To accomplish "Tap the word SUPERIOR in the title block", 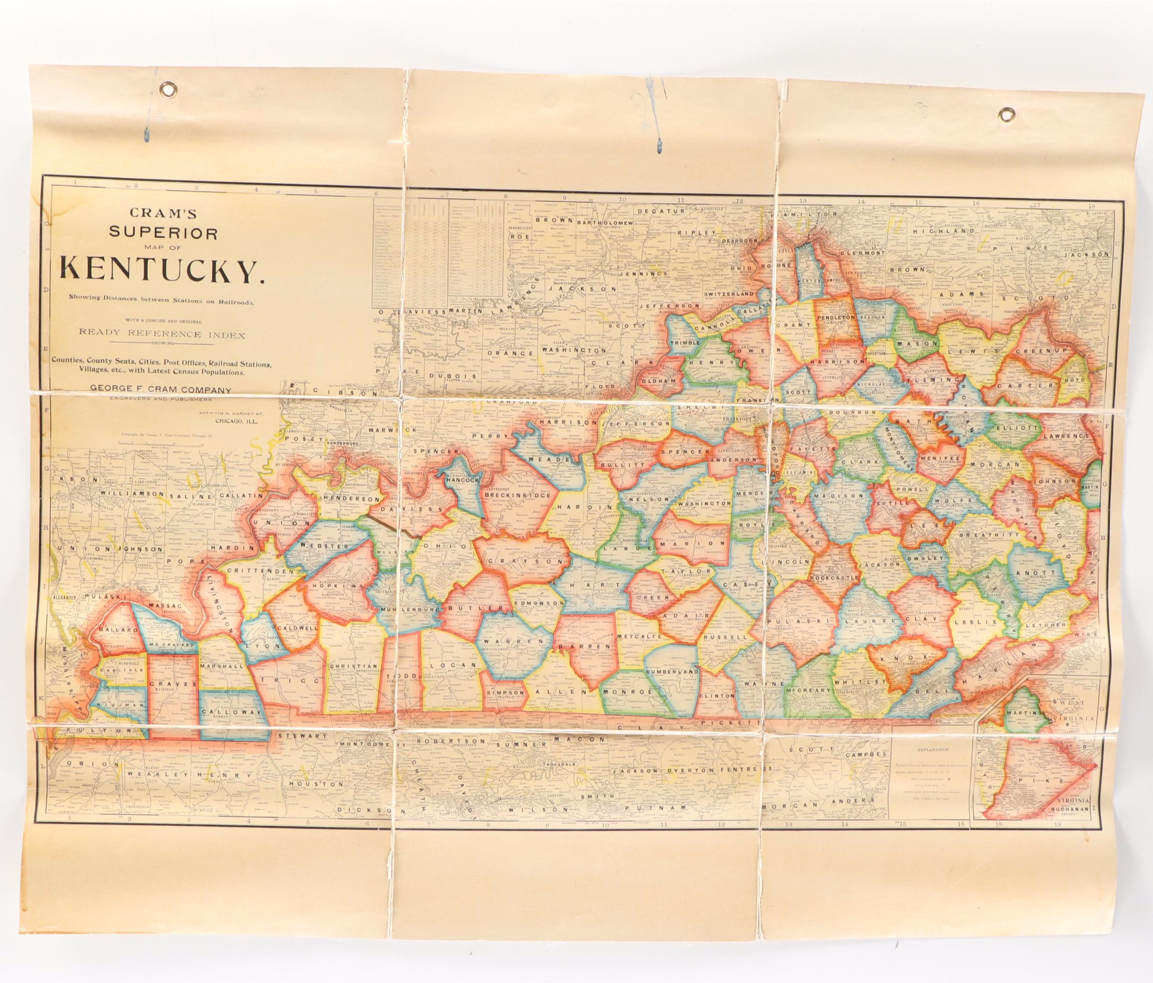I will (163, 233).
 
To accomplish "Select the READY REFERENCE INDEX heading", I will (162, 334).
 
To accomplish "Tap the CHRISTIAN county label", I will (353, 666).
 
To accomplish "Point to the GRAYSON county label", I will (525, 562).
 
